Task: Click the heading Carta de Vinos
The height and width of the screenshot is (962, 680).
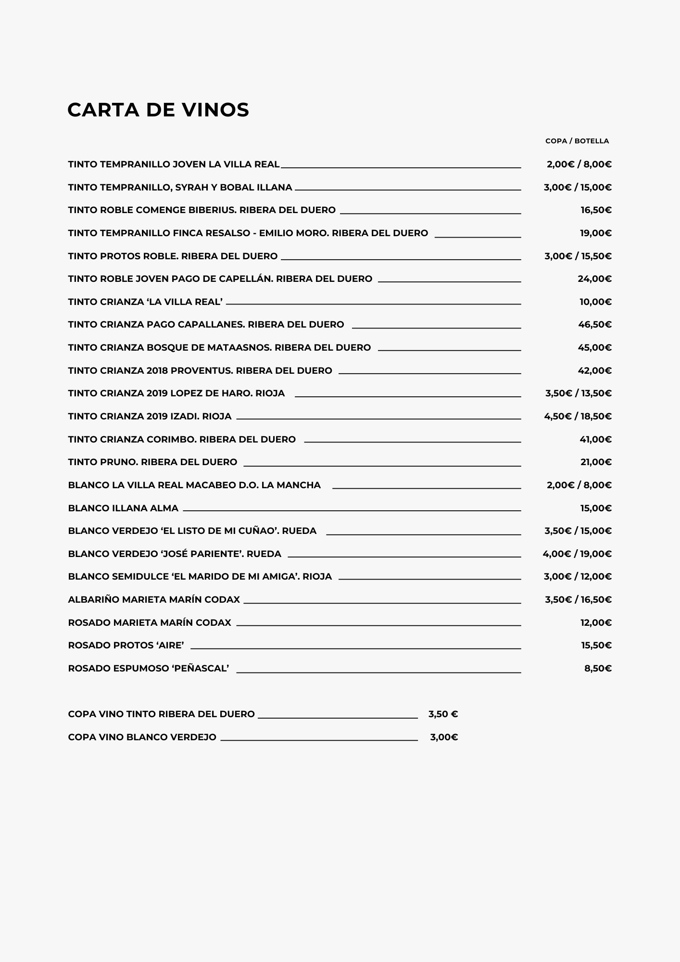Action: click(x=158, y=110)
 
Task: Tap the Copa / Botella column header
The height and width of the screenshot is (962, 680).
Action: click(x=577, y=141)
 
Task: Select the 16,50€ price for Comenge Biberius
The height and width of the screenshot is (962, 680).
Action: click(x=596, y=210)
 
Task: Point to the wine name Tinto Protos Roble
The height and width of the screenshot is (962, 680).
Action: click(x=173, y=256)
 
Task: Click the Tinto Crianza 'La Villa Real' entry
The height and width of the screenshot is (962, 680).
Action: click(x=145, y=302)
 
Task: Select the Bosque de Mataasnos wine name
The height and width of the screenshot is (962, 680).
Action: click(x=219, y=348)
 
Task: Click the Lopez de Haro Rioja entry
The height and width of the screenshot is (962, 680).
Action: click(x=176, y=393)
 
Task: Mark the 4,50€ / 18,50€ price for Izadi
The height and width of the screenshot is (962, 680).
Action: click(x=578, y=417)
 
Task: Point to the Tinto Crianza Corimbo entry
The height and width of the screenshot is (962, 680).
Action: click(x=182, y=440)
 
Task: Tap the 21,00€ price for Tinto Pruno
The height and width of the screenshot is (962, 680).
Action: click(x=596, y=462)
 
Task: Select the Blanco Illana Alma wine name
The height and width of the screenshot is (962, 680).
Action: click(x=123, y=508)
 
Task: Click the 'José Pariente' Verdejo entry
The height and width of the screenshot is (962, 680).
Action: click(x=175, y=554)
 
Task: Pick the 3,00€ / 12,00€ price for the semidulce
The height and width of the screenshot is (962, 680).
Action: click(x=578, y=577)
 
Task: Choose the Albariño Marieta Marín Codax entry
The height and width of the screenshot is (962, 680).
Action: click(x=154, y=600)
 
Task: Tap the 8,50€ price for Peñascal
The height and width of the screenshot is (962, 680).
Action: click(x=598, y=669)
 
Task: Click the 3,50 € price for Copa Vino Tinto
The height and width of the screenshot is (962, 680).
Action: click(x=443, y=714)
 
